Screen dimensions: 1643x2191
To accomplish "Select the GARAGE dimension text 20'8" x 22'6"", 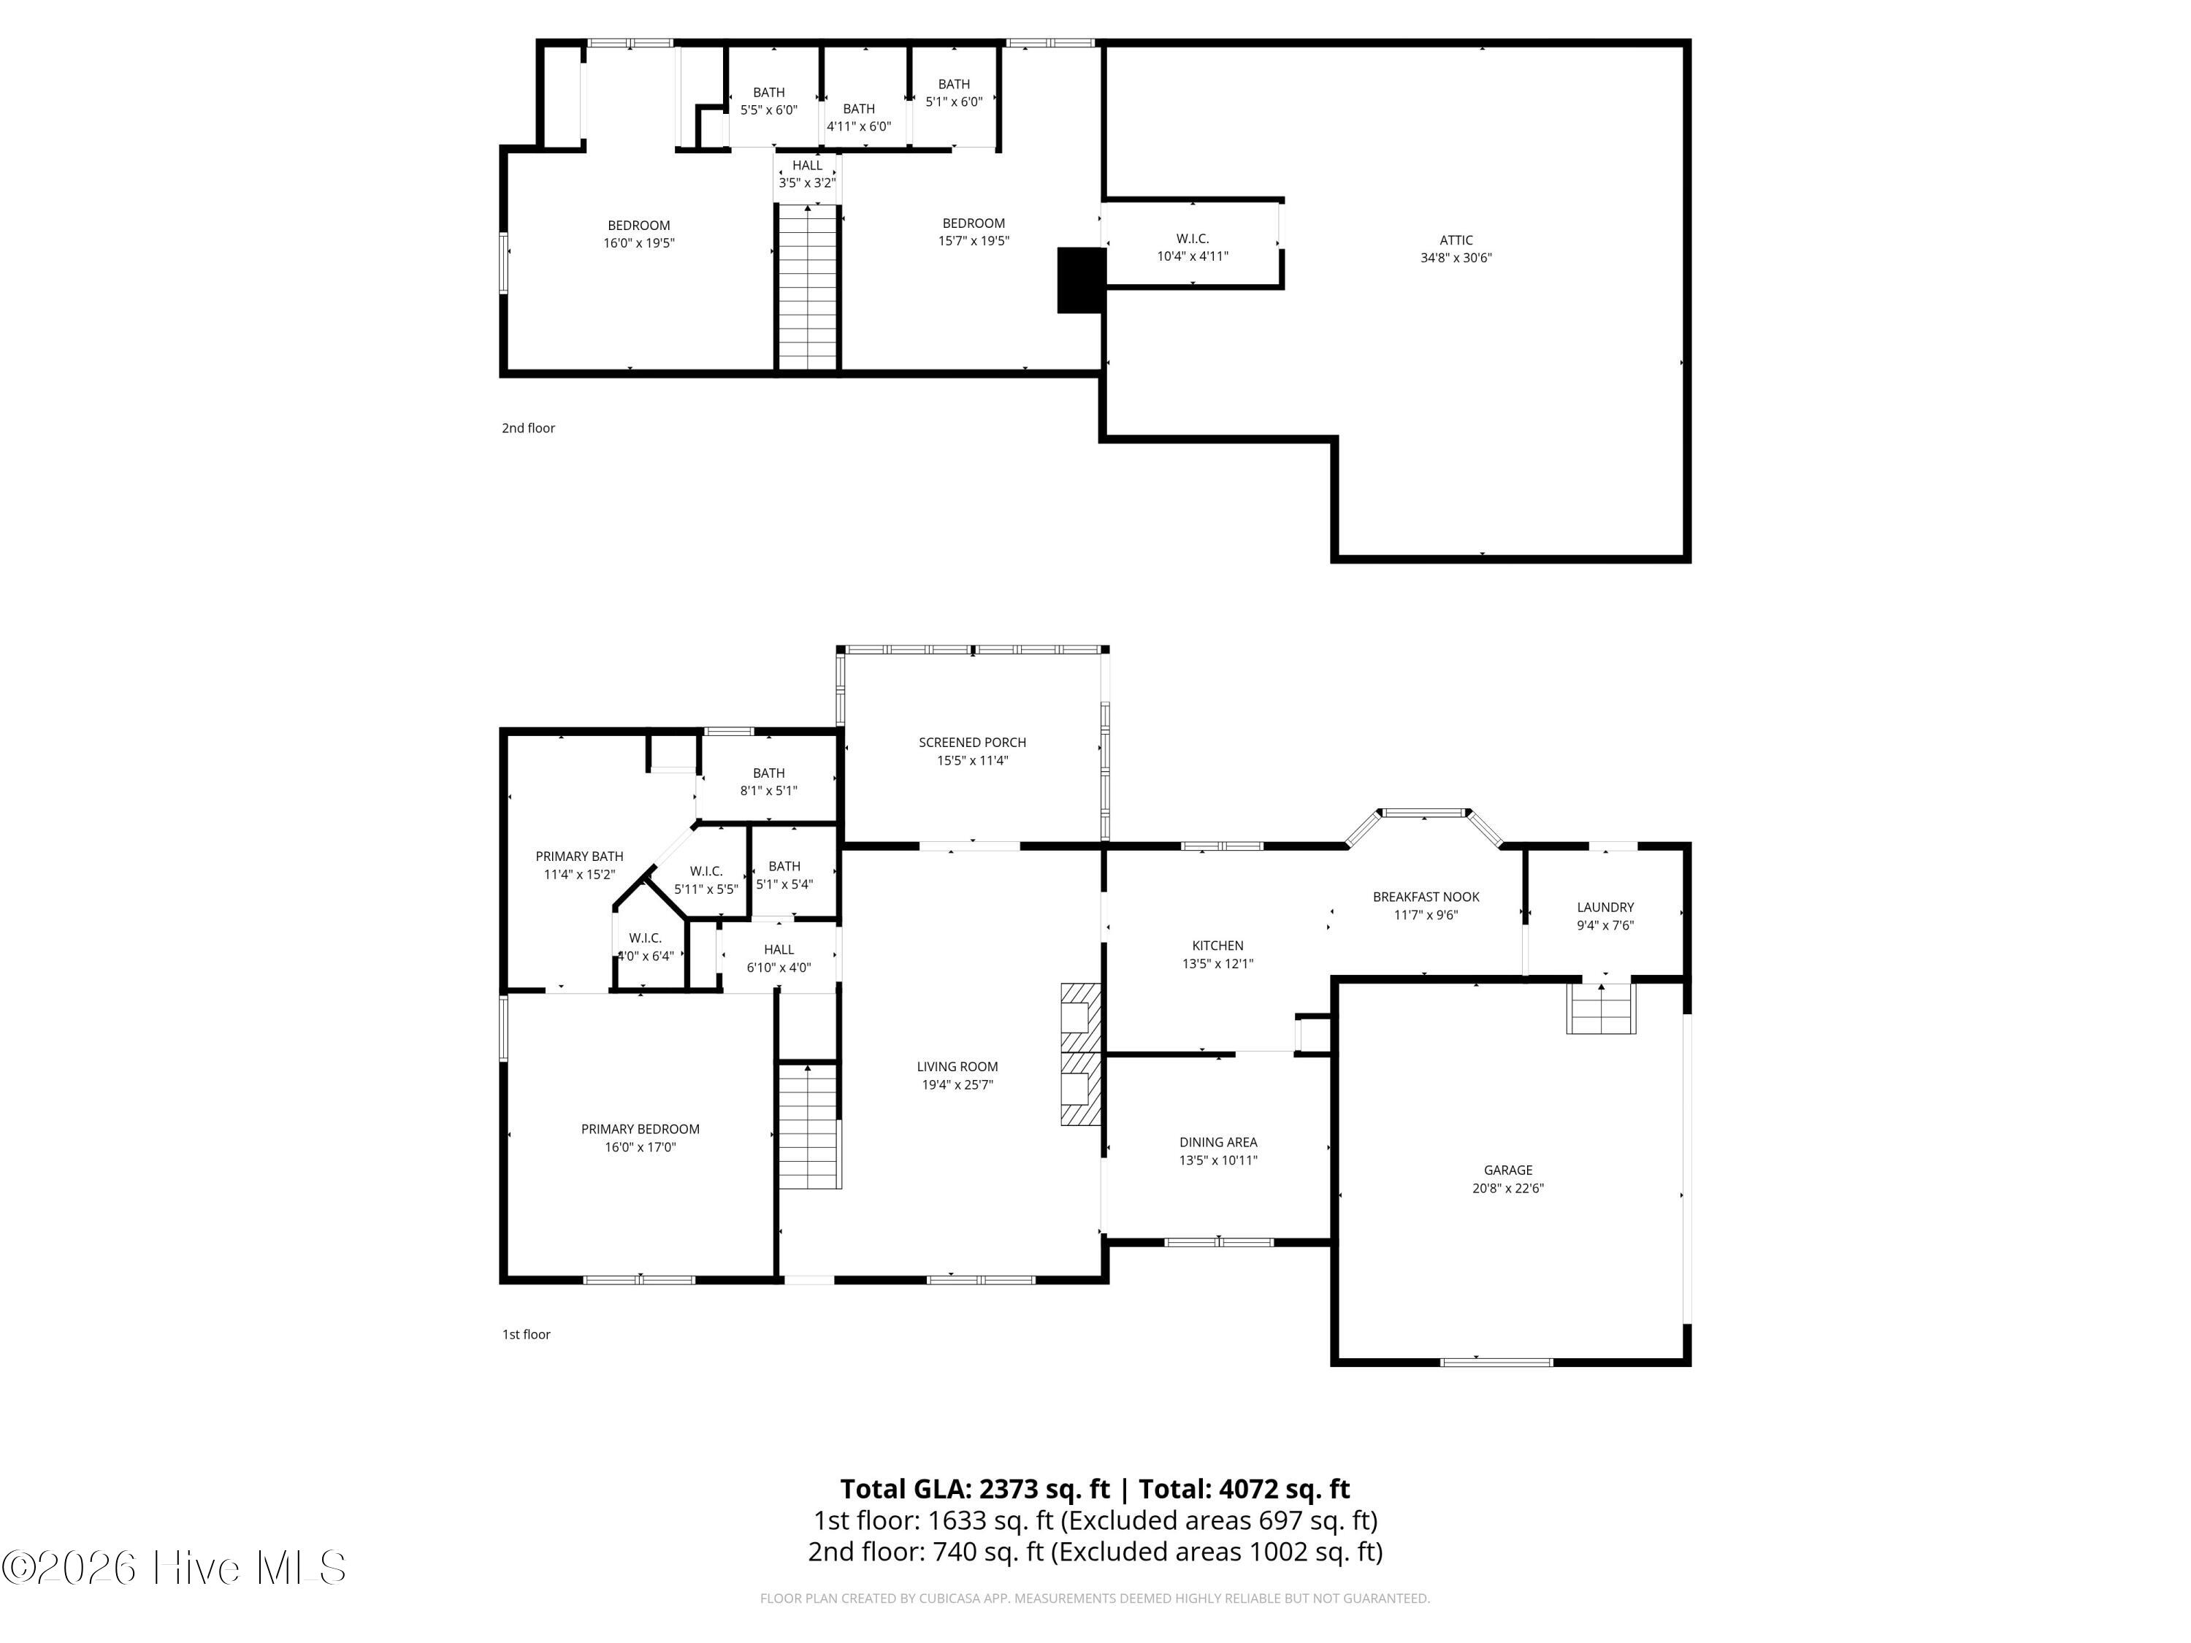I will tap(1507, 1187).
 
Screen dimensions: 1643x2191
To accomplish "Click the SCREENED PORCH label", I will tap(971, 742).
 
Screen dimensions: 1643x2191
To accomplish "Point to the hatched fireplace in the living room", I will tap(1079, 1053).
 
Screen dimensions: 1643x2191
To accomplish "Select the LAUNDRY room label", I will tap(1605, 906).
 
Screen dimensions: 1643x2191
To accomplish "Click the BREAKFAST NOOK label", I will tap(1426, 896).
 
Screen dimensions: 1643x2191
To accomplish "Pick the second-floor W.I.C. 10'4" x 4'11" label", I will tap(1192, 247).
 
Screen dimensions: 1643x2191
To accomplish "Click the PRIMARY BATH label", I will tap(579, 856).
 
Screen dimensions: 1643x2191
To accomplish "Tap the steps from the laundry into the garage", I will tap(1599, 1008).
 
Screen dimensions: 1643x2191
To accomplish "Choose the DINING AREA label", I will tap(1217, 1142).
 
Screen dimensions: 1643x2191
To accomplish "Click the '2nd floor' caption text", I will tap(528, 428).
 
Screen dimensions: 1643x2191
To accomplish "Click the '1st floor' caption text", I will tap(526, 1334).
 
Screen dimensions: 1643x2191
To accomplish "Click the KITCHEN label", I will tap(1217, 945).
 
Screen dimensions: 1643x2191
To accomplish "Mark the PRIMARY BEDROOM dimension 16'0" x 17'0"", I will tap(640, 1147).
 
